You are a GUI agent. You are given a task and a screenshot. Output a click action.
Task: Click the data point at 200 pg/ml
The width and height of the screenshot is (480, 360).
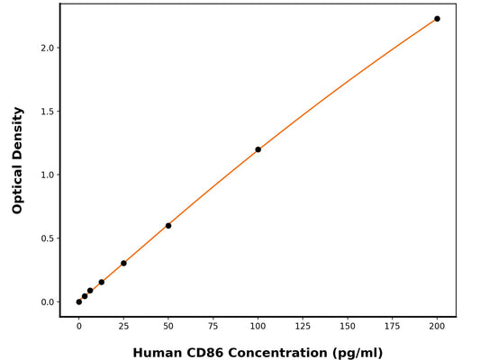437,19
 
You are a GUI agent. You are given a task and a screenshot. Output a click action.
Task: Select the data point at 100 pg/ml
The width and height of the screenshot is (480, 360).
258,149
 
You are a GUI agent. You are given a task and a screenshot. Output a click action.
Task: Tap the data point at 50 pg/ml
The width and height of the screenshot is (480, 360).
168,226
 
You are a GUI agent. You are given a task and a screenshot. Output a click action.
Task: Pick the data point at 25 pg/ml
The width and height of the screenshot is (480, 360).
123,264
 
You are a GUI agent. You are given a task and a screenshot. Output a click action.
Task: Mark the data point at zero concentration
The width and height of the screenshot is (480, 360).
79,301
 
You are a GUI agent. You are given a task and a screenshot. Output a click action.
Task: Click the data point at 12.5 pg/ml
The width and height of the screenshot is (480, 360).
101,283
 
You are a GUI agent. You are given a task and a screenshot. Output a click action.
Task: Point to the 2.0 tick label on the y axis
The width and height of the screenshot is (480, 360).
51,48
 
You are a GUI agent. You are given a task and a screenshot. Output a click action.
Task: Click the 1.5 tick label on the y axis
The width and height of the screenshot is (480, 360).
51,112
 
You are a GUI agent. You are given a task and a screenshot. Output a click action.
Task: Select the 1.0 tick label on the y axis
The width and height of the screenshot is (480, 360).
51,175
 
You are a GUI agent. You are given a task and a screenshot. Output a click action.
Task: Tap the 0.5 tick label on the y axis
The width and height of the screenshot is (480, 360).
51,238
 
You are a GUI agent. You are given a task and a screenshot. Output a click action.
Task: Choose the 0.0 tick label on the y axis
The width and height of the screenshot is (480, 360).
51,302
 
